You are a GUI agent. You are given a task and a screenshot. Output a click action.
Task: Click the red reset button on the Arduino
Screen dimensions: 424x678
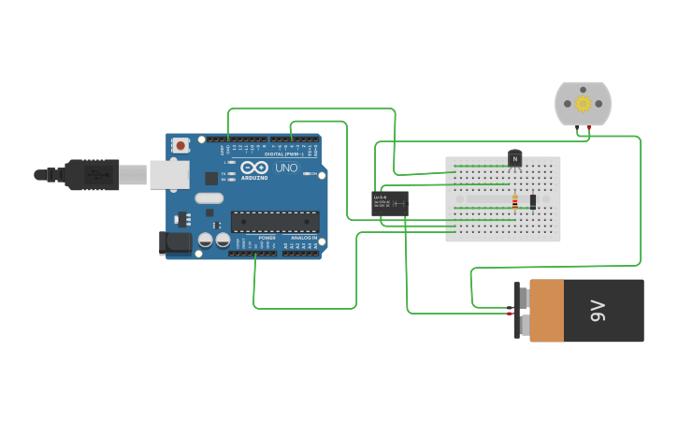point(180,145)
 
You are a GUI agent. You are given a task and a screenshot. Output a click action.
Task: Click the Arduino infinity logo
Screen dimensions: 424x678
point(254,168)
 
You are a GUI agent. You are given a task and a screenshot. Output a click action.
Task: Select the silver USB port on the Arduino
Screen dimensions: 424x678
point(169,174)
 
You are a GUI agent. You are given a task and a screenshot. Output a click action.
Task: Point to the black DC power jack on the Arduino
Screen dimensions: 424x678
point(174,242)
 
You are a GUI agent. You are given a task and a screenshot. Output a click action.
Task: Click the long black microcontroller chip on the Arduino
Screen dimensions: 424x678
point(275,222)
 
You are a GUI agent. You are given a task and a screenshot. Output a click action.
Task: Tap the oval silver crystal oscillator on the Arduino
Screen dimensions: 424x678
point(209,197)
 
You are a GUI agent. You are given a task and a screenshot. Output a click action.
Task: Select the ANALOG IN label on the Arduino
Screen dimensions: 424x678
point(303,238)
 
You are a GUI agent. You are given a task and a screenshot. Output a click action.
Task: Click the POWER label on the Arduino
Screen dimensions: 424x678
point(267,238)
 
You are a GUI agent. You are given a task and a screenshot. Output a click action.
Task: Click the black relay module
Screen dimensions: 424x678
point(389,203)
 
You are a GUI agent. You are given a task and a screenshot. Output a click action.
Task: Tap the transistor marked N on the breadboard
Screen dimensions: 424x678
point(514,158)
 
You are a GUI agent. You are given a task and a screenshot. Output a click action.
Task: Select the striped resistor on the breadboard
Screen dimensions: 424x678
point(514,200)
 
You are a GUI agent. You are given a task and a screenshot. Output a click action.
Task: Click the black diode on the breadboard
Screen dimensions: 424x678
point(533,201)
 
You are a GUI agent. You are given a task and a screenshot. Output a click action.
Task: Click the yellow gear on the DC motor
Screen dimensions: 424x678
point(583,102)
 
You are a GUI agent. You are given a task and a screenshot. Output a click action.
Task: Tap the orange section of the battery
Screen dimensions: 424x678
point(547,310)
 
